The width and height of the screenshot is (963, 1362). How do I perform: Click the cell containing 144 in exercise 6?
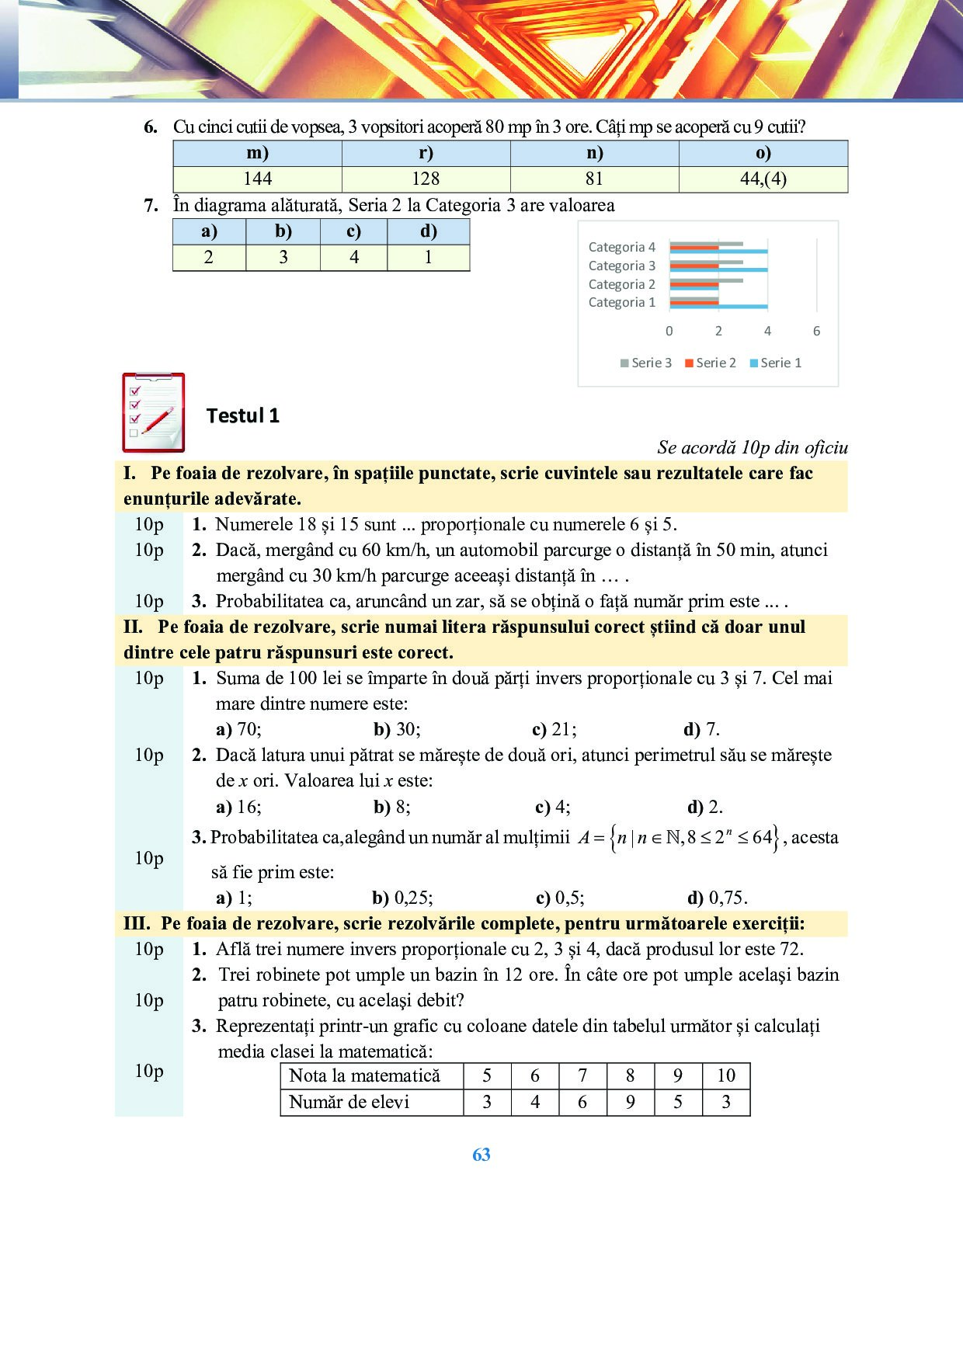(257, 179)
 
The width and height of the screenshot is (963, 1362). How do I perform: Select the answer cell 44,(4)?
(763, 179)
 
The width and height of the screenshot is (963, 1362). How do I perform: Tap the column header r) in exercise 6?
(426, 153)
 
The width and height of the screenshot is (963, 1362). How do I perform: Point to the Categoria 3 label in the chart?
(621, 266)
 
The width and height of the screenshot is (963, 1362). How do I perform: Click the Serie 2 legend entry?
(710, 363)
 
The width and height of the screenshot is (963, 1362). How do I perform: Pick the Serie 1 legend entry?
(775, 363)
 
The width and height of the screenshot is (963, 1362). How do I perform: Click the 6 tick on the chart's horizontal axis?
(816, 331)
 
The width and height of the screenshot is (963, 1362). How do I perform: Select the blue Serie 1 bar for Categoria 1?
(718, 307)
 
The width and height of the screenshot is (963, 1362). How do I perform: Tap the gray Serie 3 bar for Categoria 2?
(706, 280)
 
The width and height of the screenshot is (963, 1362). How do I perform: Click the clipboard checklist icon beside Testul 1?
(154, 412)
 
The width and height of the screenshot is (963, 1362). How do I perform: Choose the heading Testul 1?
(243, 416)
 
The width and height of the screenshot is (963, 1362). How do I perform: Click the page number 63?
(481, 1155)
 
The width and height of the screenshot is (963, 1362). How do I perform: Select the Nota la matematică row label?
(364, 1075)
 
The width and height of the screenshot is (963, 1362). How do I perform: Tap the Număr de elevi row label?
(349, 1102)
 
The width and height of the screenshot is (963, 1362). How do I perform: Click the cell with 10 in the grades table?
(726, 1075)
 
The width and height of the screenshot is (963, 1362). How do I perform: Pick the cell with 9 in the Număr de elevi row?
(630, 1102)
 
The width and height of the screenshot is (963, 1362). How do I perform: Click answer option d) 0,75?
(718, 898)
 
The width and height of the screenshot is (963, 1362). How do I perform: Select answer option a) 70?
(238, 729)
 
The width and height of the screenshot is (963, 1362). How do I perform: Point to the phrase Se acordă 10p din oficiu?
(752, 447)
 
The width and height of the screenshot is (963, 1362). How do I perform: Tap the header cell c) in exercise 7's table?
(353, 231)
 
